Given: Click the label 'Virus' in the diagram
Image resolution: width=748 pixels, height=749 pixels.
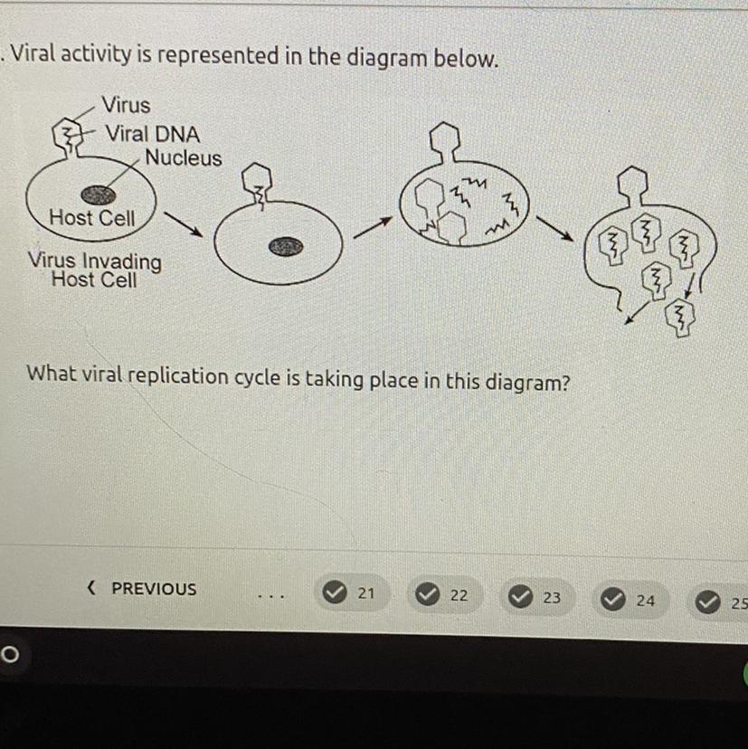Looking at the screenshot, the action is click(x=126, y=105).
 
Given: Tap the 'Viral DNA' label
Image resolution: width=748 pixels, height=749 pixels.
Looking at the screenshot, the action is click(x=153, y=134).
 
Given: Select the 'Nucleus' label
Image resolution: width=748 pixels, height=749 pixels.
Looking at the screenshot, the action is click(x=184, y=157).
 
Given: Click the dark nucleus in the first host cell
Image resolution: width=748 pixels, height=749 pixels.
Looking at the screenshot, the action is click(x=99, y=194).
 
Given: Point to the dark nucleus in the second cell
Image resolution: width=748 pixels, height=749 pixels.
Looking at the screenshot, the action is click(x=286, y=246).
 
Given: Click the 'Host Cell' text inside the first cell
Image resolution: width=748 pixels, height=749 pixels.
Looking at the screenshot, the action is click(x=92, y=218).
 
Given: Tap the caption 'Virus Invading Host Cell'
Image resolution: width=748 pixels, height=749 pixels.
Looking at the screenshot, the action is click(x=95, y=270).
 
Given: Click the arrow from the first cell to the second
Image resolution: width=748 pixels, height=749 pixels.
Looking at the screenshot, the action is click(x=184, y=224).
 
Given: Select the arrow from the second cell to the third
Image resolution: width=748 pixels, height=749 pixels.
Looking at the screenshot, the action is click(x=373, y=227).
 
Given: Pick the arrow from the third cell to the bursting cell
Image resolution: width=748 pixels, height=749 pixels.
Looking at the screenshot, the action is click(x=554, y=228).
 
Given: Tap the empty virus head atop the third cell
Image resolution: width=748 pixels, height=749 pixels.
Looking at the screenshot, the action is click(x=445, y=140).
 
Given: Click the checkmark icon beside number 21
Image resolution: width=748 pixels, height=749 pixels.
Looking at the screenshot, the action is click(x=335, y=593).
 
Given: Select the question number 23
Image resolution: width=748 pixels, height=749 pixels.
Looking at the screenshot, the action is click(x=552, y=597).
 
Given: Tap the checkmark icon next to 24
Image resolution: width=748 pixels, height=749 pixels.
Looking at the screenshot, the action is click(x=613, y=599).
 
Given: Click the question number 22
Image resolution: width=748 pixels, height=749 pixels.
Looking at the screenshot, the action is click(x=459, y=595).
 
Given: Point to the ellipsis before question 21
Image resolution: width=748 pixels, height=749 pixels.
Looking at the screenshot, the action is click(x=271, y=596).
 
